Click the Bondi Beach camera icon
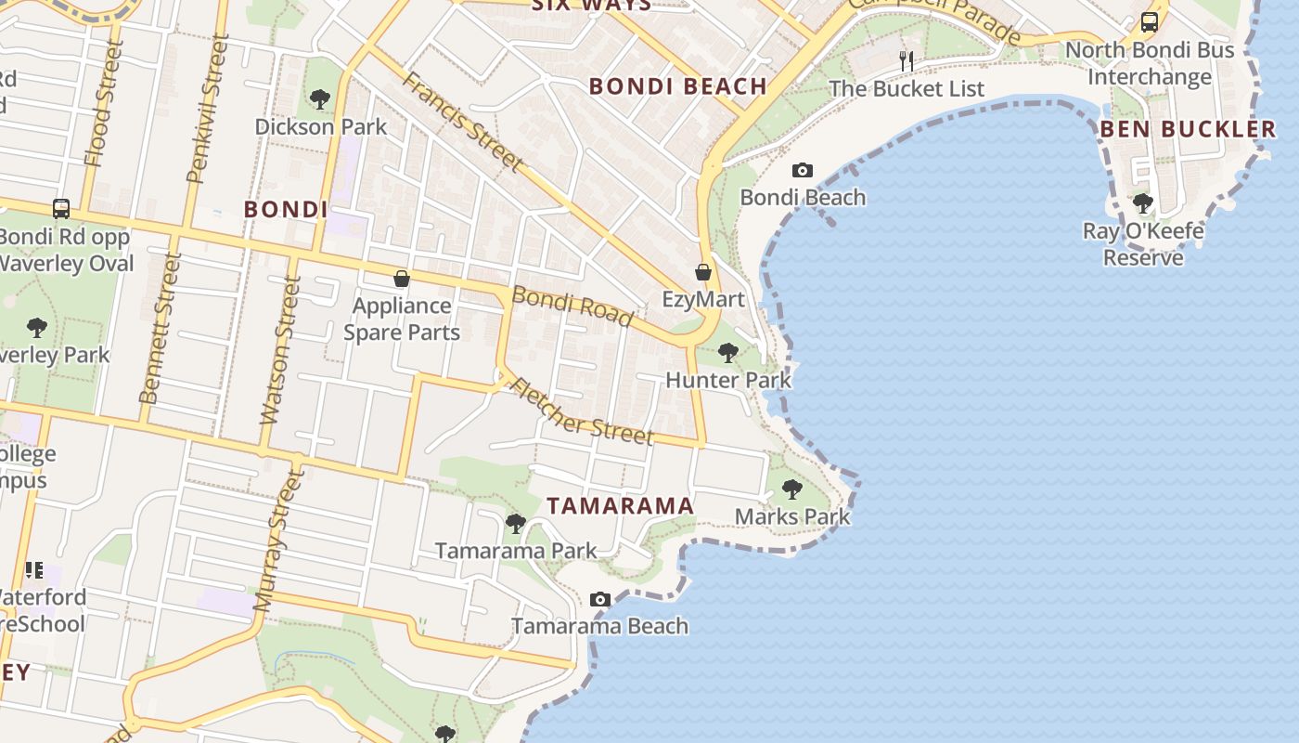coord(803,170)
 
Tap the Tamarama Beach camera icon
coord(600,599)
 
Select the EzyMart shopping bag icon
coord(703,272)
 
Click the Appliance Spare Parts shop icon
coord(402,279)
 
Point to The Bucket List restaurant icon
coord(907,61)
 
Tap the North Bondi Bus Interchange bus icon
coord(1150,22)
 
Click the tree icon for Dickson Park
coord(320,98)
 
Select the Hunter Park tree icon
coord(728,353)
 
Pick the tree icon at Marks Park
coord(791,489)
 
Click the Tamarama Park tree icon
coord(516,524)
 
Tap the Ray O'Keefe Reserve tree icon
coord(1143,202)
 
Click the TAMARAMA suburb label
coord(620,506)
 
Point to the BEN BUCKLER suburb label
coord(1189,129)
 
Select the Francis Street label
coord(462,122)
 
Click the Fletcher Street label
coord(582,411)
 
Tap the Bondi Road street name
coord(572,306)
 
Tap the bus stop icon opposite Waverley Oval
coord(61,209)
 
